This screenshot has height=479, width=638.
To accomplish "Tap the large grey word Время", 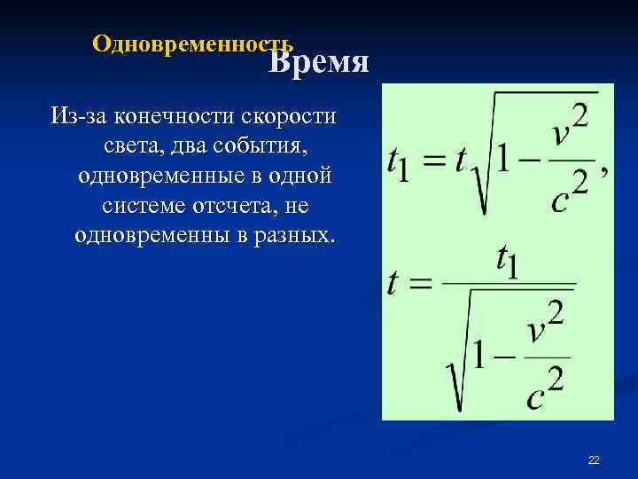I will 319,62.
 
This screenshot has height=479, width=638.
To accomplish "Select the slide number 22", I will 594,459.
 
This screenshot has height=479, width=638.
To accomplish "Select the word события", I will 266,145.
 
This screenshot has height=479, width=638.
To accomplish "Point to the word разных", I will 292,236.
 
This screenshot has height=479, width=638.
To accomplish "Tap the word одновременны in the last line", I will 151,236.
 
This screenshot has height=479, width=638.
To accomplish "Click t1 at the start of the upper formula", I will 398,163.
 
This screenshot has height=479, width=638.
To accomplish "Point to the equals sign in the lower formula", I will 421,284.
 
